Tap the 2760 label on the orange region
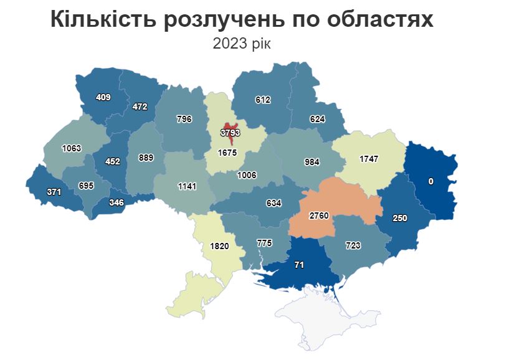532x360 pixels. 324,216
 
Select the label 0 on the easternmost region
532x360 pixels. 430,181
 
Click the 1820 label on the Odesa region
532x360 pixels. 219,246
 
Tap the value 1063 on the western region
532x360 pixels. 72,148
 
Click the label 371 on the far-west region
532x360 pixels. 54,192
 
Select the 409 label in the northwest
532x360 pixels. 103,97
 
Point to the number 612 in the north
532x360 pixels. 263,100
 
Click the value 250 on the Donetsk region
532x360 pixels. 399,218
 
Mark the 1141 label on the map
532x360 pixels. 186,186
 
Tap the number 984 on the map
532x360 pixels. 311,162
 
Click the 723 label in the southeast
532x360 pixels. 353,246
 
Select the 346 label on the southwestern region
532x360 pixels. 115,203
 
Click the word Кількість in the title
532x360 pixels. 98,20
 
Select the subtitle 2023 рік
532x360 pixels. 242,44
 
